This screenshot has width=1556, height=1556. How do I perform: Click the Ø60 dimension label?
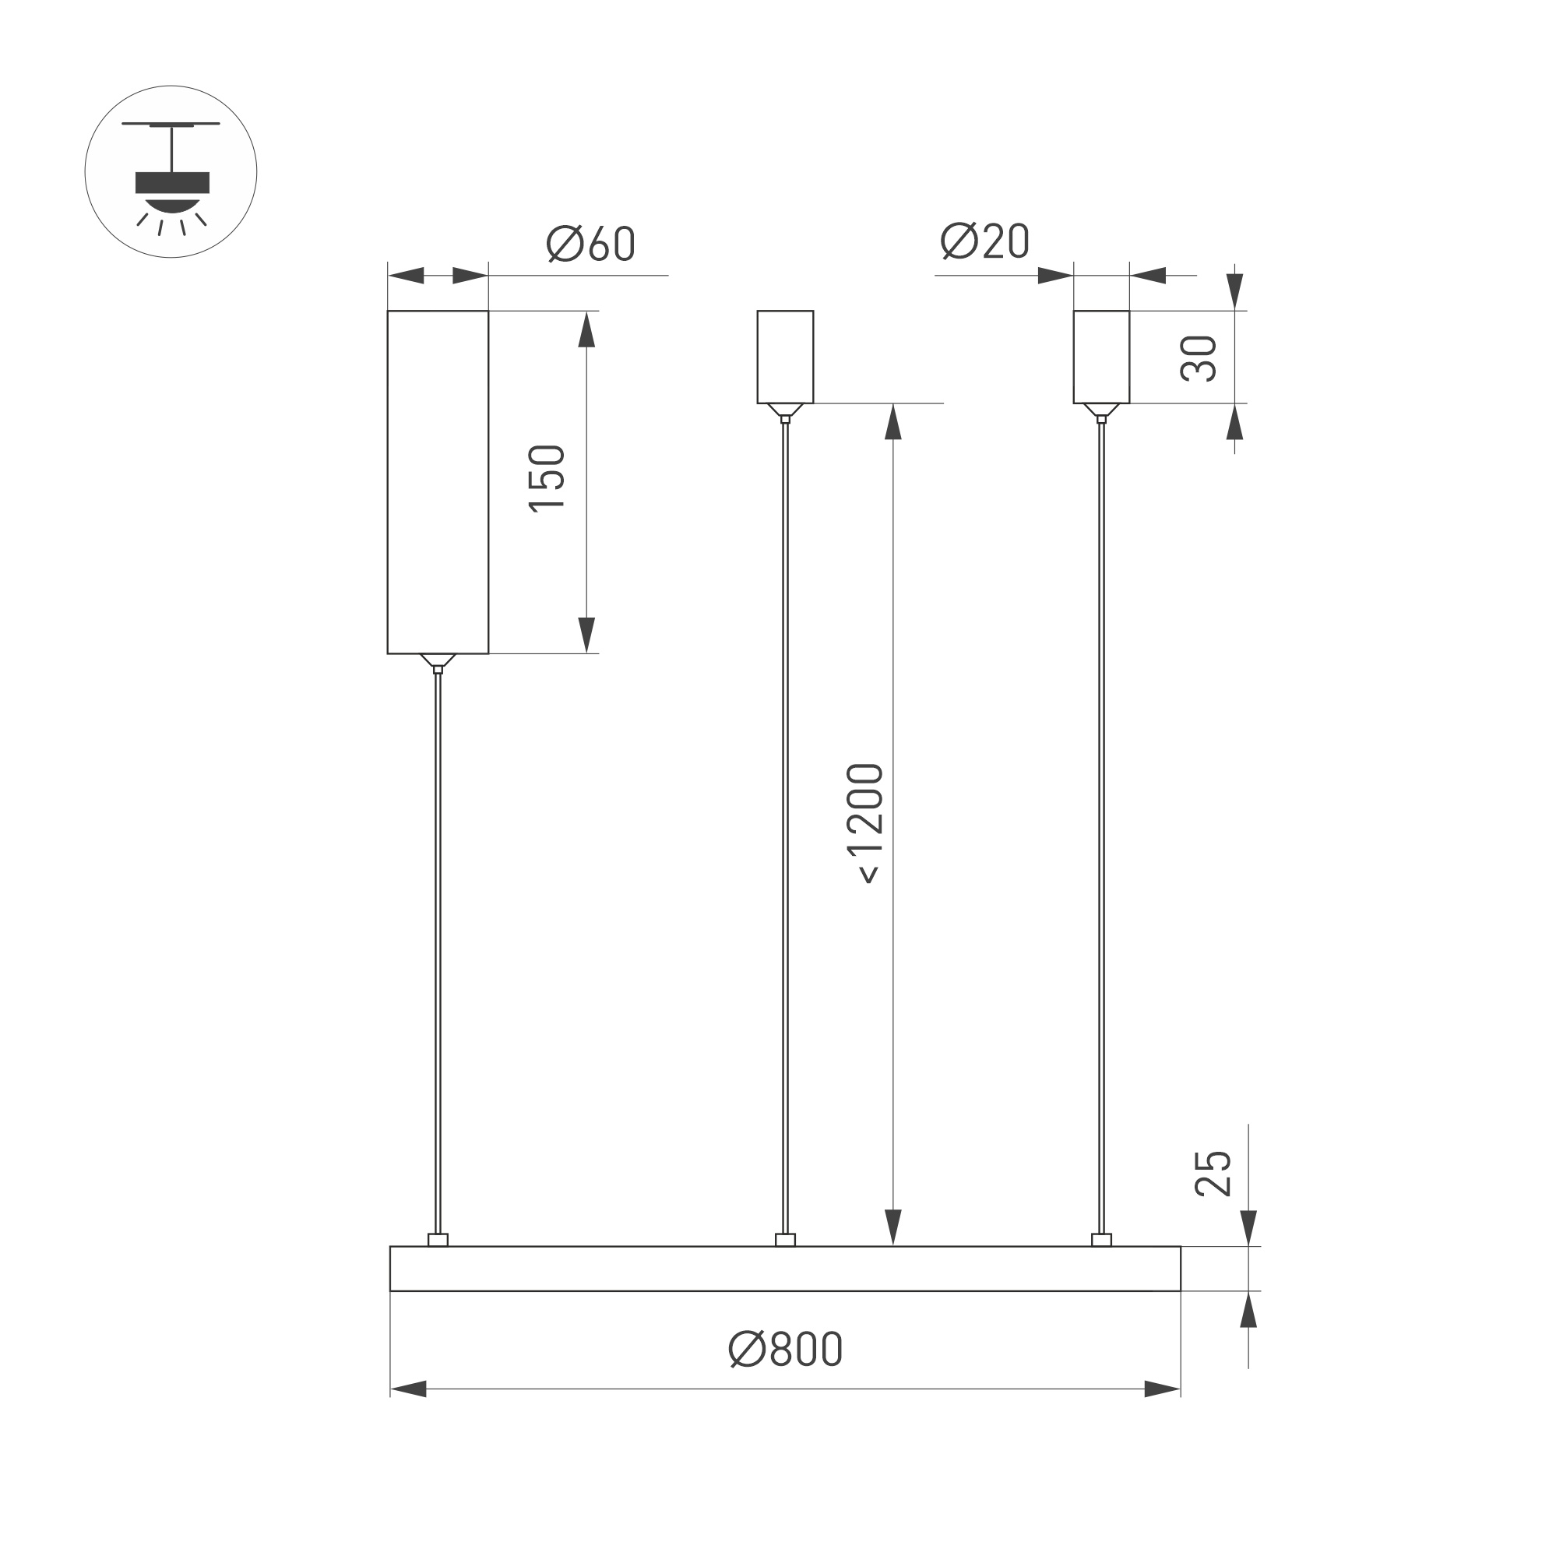click(x=590, y=242)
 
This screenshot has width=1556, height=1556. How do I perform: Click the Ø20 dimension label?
click(x=984, y=240)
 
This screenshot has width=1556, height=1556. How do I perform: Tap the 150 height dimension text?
click(x=547, y=477)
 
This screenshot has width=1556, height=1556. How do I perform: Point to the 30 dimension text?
click(x=1199, y=357)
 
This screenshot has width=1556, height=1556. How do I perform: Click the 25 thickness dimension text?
click(x=1213, y=1174)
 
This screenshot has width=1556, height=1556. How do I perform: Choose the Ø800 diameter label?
click(x=785, y=1348)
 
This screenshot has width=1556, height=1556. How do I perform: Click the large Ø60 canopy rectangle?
click(x=438, y=481)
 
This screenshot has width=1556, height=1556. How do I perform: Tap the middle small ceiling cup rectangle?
click(x=785, y=356)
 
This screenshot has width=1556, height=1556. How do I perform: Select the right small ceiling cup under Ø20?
click(x=1101, y=356)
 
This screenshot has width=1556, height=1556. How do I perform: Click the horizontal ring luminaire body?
click(x=785, y=1269)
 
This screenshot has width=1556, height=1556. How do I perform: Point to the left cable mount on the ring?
click(x=438, y=1241)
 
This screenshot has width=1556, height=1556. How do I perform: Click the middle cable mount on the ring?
click(x=785, y=1241)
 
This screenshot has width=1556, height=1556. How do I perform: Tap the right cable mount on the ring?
click(x=1101, y=1241)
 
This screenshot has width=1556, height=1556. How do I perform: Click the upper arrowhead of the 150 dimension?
click(x=586, y=330)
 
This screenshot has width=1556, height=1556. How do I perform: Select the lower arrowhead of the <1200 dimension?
click(x=892, y=1227)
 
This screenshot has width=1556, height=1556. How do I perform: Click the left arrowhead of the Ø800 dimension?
click(x=407, y=1389)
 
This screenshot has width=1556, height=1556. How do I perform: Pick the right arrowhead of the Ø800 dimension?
click(x=1162, y=1389)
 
